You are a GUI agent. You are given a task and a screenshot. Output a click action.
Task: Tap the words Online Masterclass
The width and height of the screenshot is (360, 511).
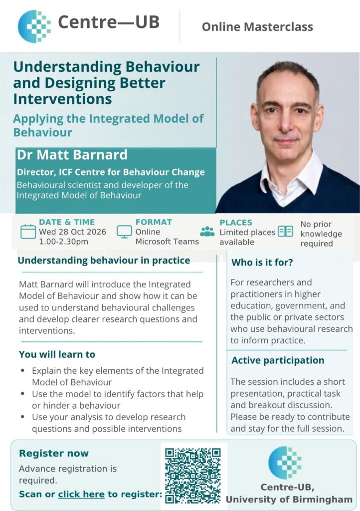[x=257, y=27]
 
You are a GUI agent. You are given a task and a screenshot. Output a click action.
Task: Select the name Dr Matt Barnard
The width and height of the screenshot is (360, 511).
[x=72, y=155]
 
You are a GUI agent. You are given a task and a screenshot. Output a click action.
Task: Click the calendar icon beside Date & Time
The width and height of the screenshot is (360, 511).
[x=28, y=232]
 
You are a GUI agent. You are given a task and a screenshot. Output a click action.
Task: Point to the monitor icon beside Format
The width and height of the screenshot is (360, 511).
[x=124, y=232]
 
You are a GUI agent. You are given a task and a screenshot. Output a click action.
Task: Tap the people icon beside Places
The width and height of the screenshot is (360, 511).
[x=207, y=232]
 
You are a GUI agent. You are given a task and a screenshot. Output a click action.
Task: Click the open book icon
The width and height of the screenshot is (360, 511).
[x=286, y=232]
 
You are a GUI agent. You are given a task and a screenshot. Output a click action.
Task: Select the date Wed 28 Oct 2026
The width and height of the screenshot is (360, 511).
[x=73, y=232]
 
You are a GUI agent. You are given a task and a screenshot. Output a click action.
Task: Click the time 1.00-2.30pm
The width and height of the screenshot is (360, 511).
[x=63, y=242]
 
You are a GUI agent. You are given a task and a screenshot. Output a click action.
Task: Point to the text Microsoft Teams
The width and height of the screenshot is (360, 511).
[x=167, y=242]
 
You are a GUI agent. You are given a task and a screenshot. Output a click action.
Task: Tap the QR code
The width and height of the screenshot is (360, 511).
[x=193, y=476]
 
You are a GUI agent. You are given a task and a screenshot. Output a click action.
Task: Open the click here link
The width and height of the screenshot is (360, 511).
[x=81, y=494]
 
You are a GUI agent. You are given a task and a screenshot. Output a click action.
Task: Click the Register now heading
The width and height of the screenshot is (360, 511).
[x=54, y=453]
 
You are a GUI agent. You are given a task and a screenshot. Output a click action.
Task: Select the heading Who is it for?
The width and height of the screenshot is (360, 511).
[x=262, y=262]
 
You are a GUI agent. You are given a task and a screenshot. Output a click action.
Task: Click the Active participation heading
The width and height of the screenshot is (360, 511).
[x=278, y=360]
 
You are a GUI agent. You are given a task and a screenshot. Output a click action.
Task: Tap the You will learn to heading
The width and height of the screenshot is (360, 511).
[x=57, y=354]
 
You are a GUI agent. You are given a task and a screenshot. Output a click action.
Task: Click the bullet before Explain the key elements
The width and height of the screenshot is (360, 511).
[x=22, y=371]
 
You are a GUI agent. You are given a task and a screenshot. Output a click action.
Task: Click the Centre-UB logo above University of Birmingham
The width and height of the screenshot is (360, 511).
[x=285, y=463]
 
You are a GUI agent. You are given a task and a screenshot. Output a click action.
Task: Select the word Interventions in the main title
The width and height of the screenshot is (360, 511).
[x=62, y=99]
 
